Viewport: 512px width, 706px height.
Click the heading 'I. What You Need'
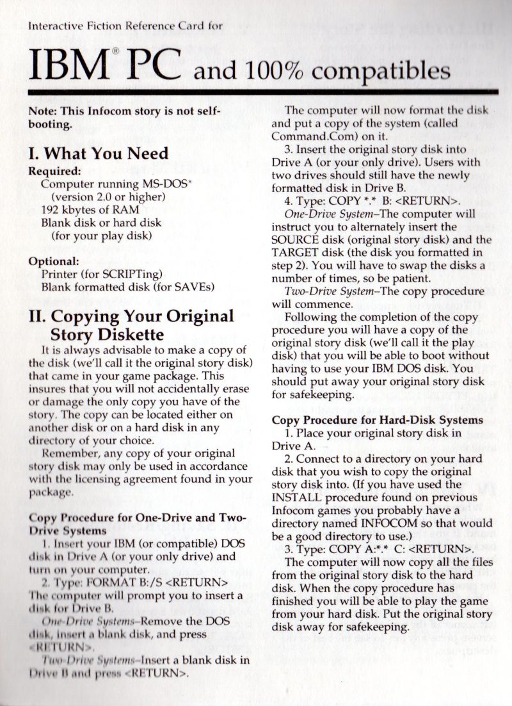(99, 154)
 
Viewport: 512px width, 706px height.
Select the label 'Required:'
(54, 172)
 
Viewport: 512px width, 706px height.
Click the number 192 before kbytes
(51, 209)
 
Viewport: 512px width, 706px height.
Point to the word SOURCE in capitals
(300, 240)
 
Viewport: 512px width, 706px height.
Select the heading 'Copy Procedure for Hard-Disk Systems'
(377, 420)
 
